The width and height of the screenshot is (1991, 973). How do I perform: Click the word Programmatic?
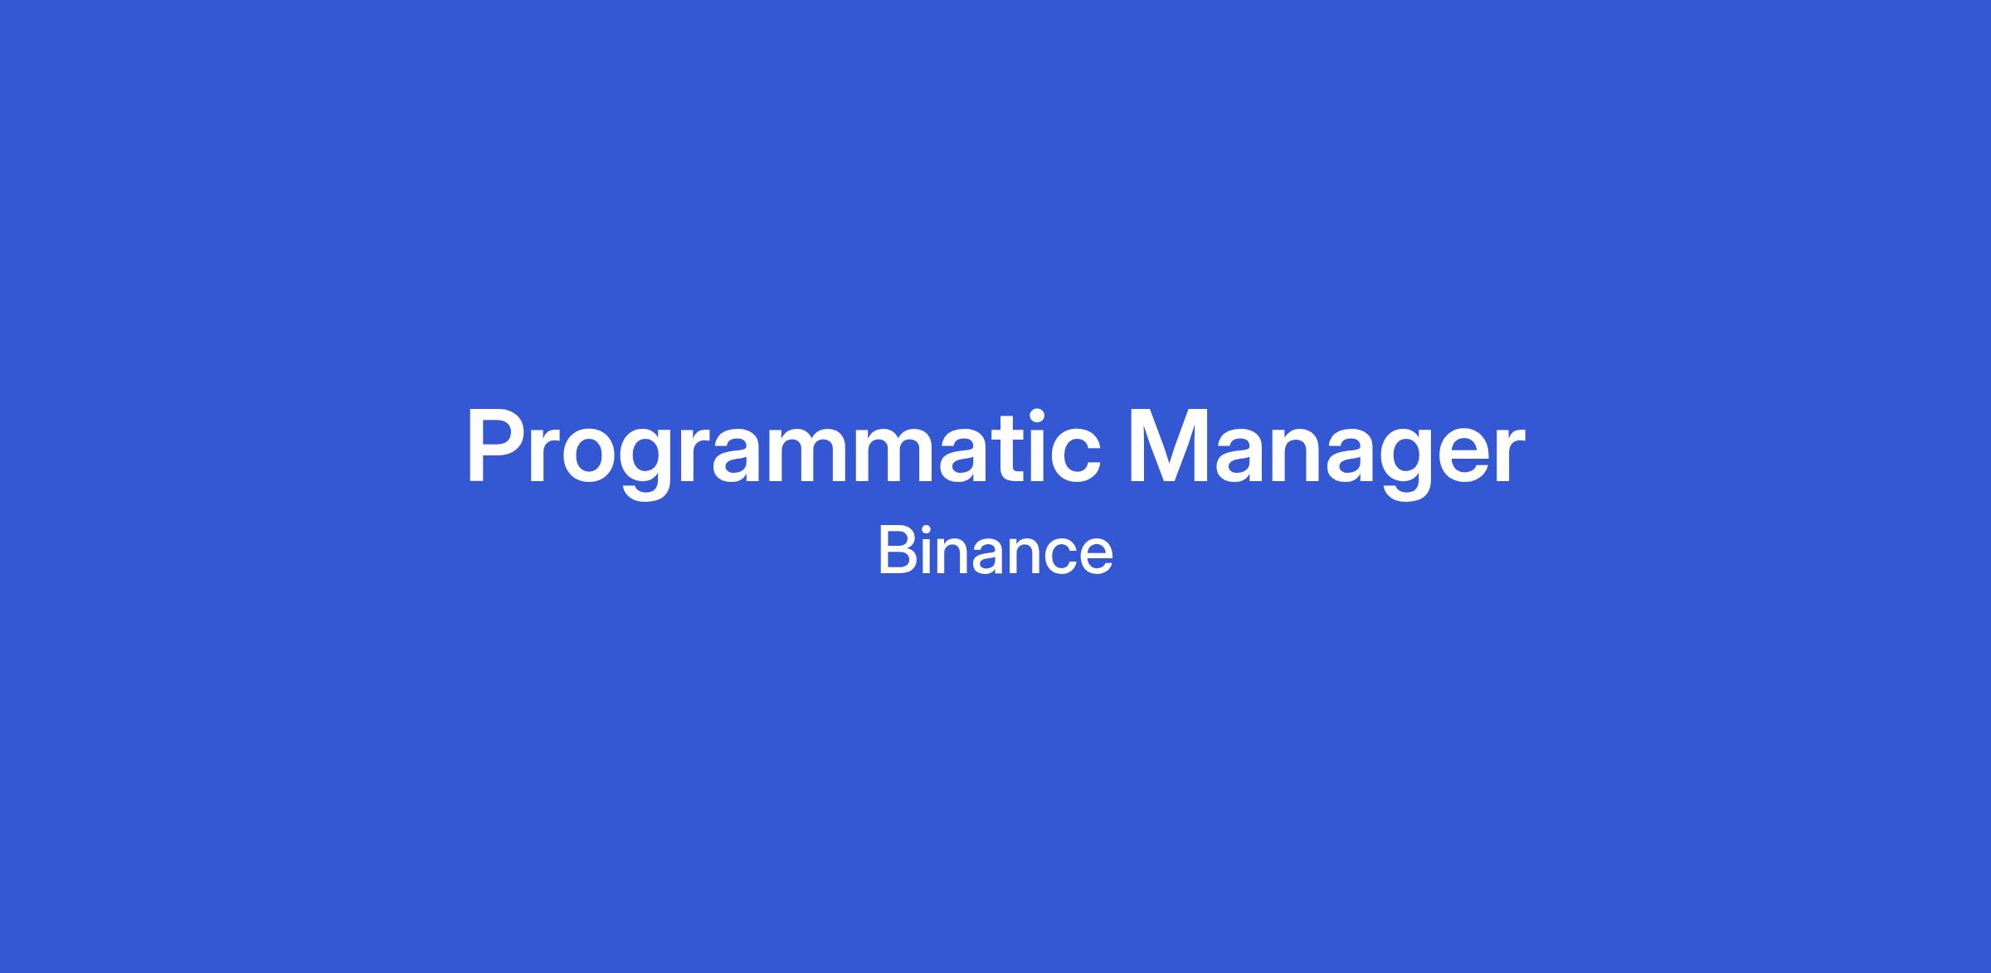click(784, 453)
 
